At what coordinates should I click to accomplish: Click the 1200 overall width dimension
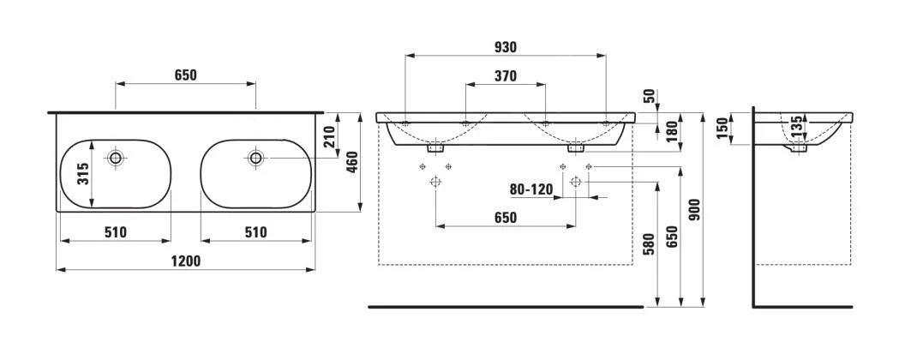185,261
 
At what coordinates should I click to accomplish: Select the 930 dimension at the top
506,46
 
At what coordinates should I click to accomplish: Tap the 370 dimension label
506,75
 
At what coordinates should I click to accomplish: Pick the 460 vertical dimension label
351,160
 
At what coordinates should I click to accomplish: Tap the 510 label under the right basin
255,231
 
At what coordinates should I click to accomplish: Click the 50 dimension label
648,97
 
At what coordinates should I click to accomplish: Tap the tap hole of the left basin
116,158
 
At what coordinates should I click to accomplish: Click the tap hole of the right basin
255,158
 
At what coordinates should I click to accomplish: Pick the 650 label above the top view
186,75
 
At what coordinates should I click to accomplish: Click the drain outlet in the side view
800,149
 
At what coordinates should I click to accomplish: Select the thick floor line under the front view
505,305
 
